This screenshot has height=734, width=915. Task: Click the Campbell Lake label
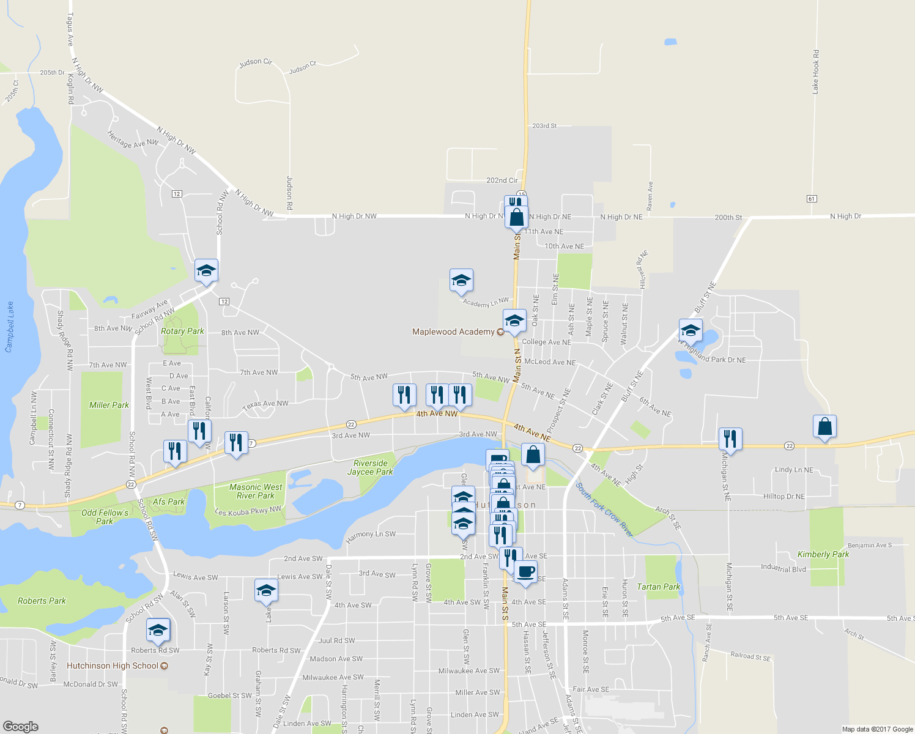(9, 327)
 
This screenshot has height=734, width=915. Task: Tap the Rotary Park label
(182, 331)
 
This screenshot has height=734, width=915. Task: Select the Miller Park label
(109, 405)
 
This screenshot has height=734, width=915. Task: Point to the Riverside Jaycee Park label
(370, 467)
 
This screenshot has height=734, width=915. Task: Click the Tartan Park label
(658, 587)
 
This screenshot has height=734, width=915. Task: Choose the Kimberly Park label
(823, 554)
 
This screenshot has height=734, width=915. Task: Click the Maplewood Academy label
(453, 332)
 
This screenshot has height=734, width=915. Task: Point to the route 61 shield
(812, 199)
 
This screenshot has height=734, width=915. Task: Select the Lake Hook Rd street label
(815, 72)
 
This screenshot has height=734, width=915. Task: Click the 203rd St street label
(544, 126)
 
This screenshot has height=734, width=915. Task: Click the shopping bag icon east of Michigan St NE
(824, 426)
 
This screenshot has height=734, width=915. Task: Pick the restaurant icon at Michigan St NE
(730, 439)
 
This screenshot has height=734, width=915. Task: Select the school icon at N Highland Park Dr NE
(691, 330)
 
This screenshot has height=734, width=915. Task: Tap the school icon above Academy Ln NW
(461, 280)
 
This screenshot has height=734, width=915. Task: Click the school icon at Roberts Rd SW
(158, 630)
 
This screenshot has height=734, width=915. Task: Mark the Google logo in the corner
(20, 726)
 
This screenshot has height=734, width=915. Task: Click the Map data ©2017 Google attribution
(877, 729)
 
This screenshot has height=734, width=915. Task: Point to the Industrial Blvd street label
(783, 568)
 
